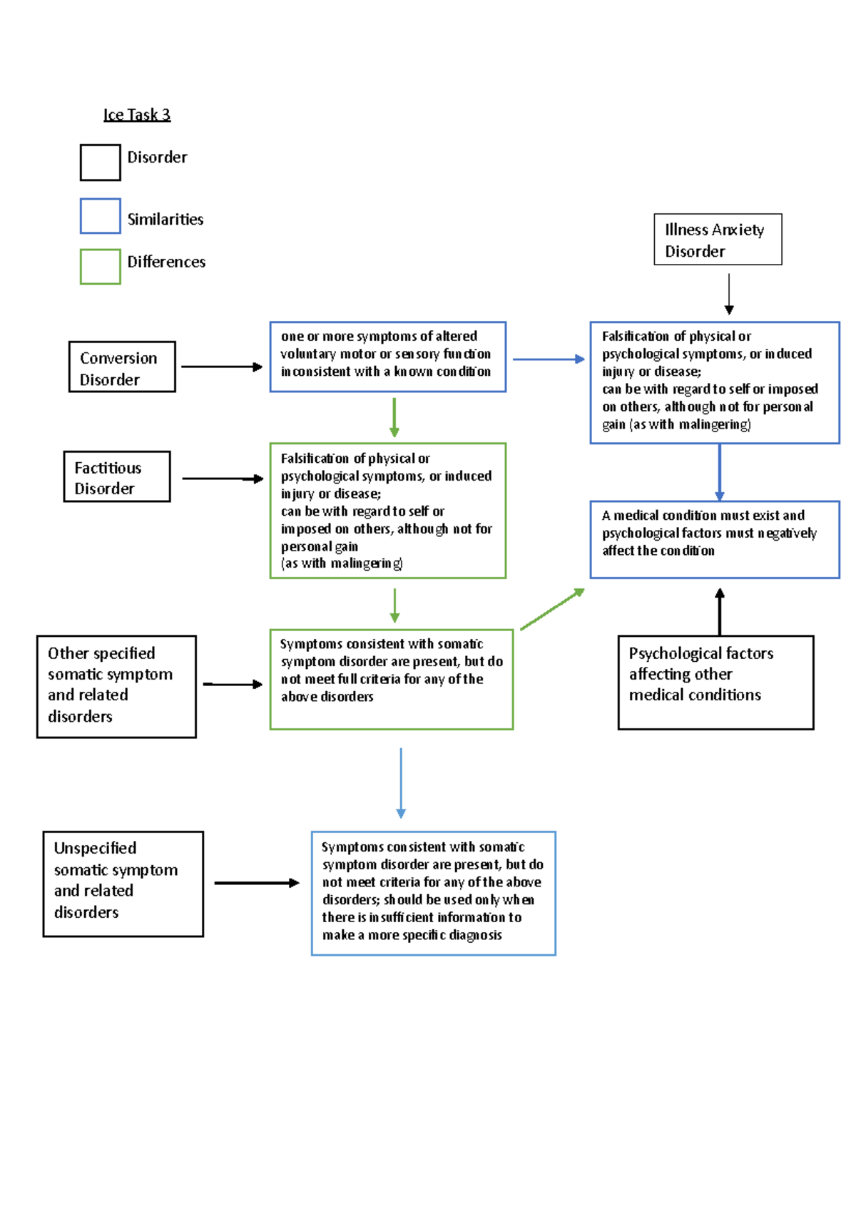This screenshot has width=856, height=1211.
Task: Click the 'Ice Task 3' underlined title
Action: [x=137, y=115]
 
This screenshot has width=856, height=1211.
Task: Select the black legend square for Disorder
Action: [x=100, y=163]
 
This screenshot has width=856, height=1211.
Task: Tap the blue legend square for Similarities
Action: [x=100, y=216]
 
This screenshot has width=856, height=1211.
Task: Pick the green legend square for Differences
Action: [x=100, y=267]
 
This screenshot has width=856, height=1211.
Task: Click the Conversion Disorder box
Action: [x=122, y=367]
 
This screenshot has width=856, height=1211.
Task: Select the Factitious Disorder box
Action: [x=117, y=476]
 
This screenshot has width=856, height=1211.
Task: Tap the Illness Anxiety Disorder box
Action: [x=718, y=240]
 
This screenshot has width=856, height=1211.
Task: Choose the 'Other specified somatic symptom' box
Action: [x=116, y=686]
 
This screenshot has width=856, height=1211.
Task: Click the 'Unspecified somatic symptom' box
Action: [x=123, y=884]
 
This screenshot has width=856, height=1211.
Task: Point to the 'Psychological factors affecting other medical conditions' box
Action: [x=715, y=682]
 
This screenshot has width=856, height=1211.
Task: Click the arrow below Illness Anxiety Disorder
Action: [x=729, y=293]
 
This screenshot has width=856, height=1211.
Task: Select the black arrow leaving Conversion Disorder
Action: [x=222, y=367]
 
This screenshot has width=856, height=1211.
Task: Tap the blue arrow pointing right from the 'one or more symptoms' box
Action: [x=548, y=359]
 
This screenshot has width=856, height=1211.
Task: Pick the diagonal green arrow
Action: [x=552, y=609]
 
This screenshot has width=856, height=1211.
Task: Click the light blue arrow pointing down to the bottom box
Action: [x=401, y=782]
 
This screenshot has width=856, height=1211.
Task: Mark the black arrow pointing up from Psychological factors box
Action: [x=720, y=611]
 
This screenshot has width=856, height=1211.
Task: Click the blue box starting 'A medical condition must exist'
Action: [x=715, y=539]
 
